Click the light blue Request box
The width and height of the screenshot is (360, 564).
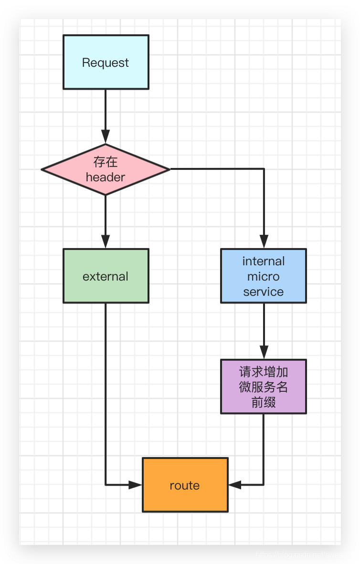[x=106, y=62]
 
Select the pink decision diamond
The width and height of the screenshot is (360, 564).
[x=106, y=169]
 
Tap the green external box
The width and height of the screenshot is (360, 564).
[x=106, y=276]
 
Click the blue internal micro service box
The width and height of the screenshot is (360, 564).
[x=263, y=276]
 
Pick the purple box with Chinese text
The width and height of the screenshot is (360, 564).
[x=263, y=386]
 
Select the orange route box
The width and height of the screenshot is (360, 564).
[x=185, y=485]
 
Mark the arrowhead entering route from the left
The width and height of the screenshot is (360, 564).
[x=136, y=485]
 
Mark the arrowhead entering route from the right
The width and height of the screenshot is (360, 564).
[x=235, y=485]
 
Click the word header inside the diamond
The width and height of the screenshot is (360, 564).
[x=106, y=177]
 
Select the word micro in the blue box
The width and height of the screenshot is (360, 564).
[x=263, y=276]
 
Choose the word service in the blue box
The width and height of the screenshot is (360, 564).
[x=263, y=292]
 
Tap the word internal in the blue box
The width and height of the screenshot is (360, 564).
[x=263, y=261]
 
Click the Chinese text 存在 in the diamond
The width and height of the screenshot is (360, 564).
[x=106, y=162]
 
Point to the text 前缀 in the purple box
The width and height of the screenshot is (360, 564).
[x=263, y=402]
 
